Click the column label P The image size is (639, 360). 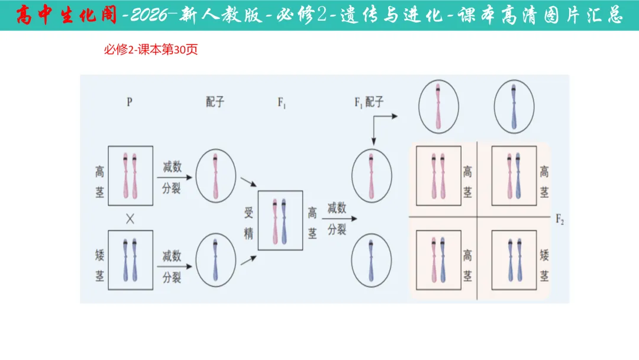(x=130, y=102)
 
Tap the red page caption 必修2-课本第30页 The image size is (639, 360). (x=151, y=50)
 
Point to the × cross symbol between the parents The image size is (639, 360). (x=130, y=218)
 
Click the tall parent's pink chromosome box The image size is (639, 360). (x=131, y=176)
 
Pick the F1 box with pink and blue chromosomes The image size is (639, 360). (x=280, y=220)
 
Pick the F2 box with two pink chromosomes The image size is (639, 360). (x=438, y=176)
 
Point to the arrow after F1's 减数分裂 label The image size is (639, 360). (x=340, y=219)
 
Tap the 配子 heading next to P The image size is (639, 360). (x=215, y=102)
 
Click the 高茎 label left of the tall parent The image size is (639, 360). (x=99, y=181)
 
